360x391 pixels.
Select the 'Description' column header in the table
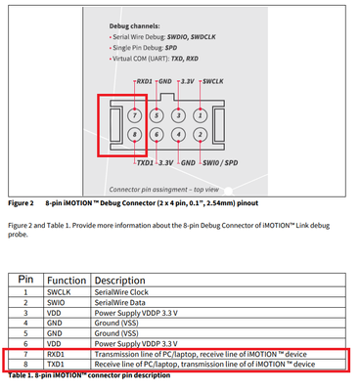click(123, 278)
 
